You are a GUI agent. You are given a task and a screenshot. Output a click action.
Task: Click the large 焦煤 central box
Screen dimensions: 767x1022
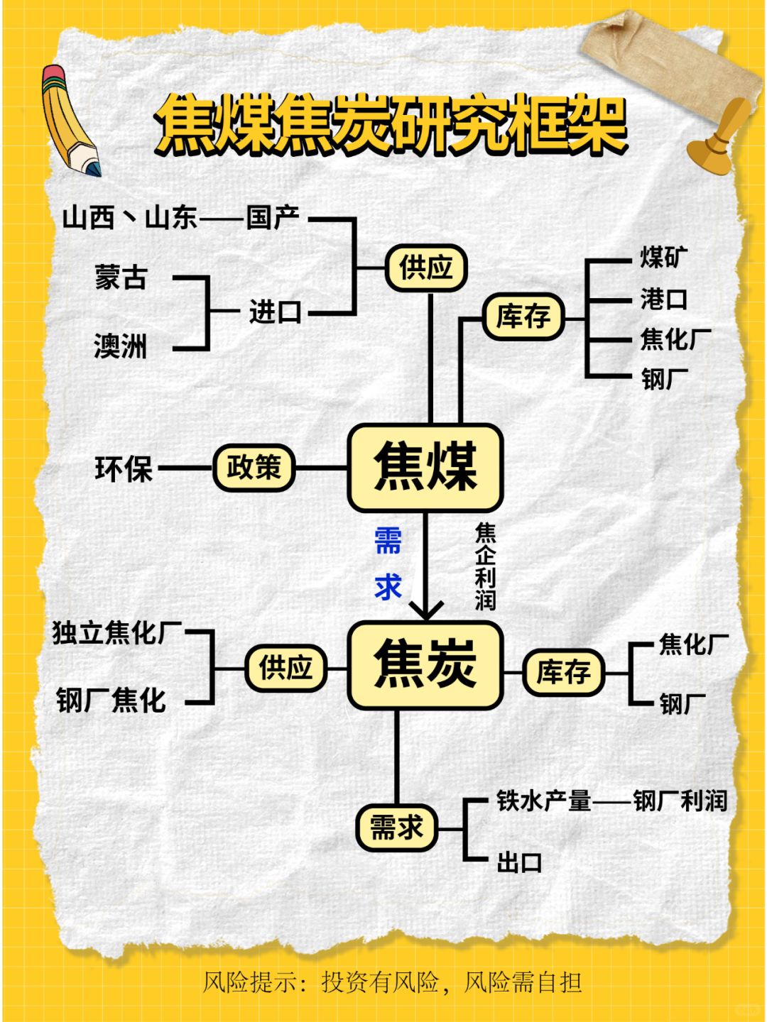click(425, 468)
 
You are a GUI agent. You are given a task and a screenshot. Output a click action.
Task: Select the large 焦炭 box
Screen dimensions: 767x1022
click(425, 665)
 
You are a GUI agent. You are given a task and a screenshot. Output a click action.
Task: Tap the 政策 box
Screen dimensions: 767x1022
click(254, 468)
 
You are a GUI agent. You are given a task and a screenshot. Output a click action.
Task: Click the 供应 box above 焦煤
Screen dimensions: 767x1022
click(426, 268)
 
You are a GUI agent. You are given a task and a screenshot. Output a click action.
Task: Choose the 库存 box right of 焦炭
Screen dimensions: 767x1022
click(563, 672)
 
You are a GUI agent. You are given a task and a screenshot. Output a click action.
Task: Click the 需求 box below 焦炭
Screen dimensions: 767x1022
click(397, 828)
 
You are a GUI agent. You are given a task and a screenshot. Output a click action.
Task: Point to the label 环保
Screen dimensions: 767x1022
click(124, 469)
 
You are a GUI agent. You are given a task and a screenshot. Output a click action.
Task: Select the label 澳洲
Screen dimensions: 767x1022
click(121, 346)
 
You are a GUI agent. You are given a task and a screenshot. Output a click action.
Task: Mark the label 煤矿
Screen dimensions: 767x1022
click(664, 257)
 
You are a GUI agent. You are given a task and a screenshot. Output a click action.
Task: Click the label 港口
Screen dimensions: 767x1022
click(664, 299)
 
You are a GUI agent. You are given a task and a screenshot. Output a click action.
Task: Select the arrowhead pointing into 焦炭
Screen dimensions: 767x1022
click(425, 609)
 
